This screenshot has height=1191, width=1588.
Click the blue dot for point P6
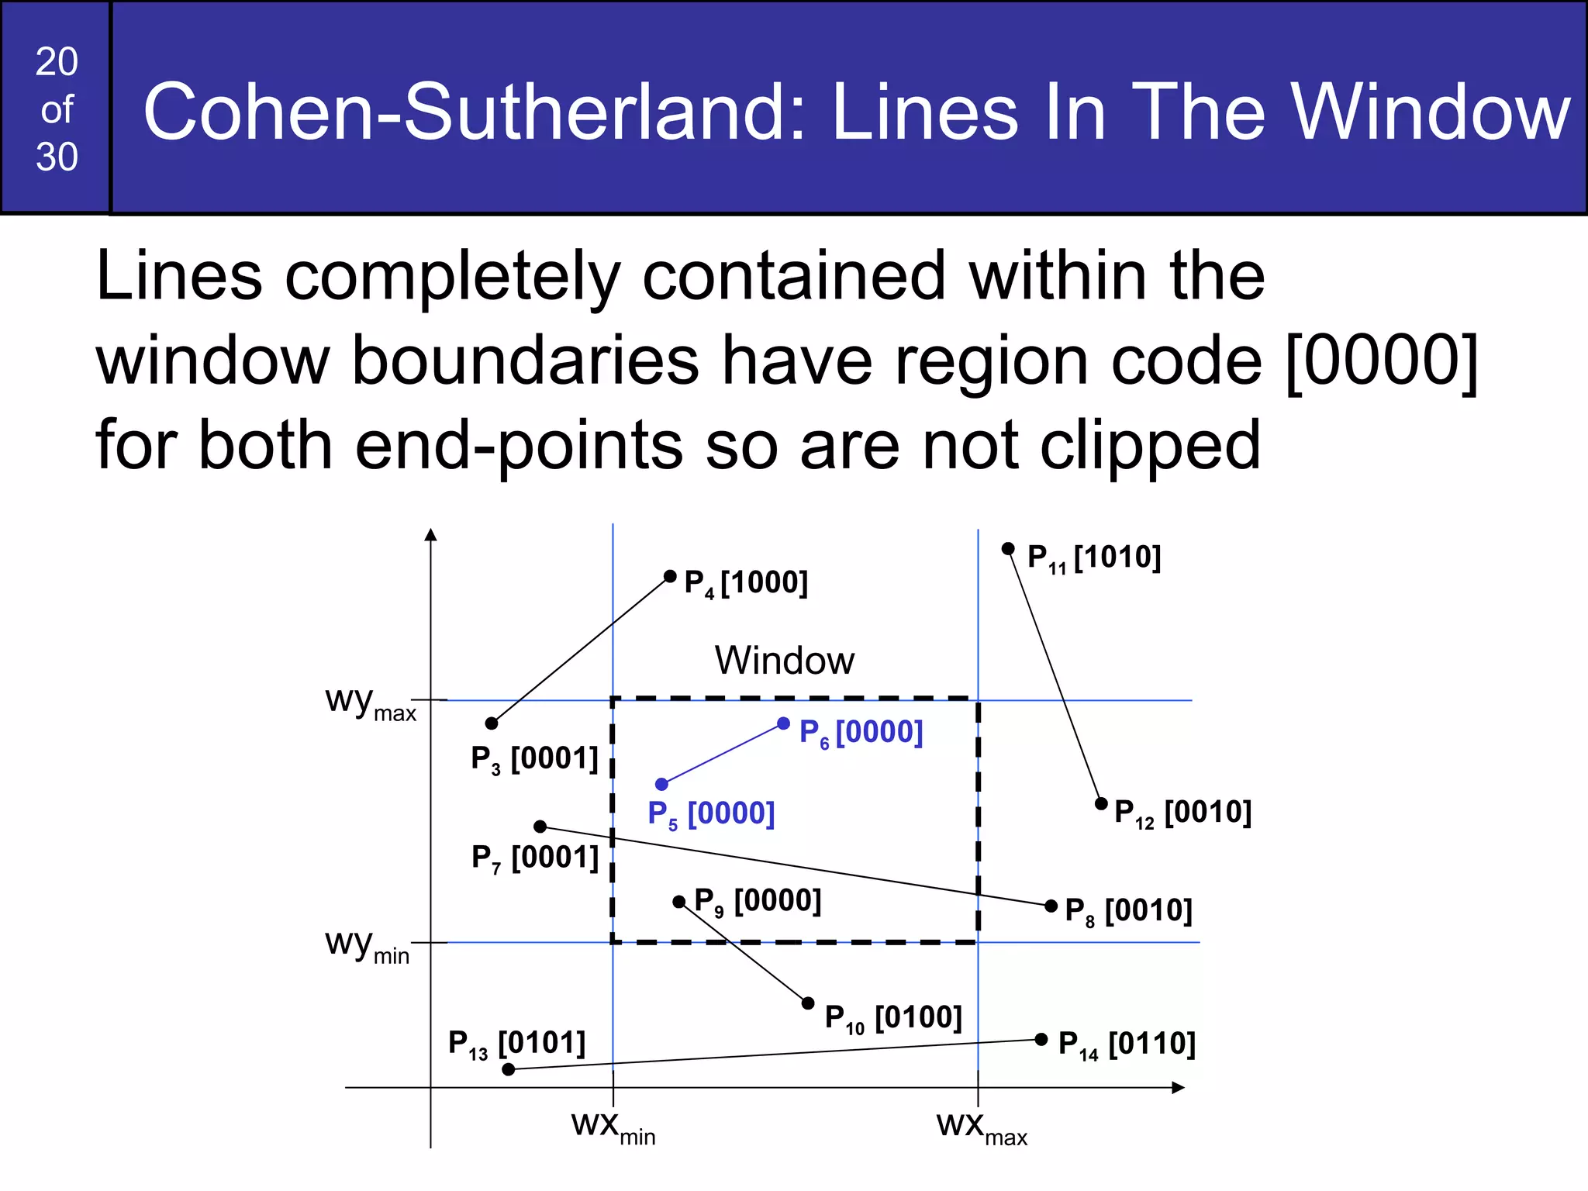click(784, 723)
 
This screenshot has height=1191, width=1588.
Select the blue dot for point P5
click(661, 784)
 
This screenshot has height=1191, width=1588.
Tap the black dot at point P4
click(670, 576)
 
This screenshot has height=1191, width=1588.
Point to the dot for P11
click(1008, 549)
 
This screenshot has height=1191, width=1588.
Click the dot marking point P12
click(1101, 803)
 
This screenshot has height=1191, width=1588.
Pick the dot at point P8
click(1051, 906)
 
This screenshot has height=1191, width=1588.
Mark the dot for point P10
click(808, 1003)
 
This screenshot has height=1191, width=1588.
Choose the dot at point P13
click(509, 1069)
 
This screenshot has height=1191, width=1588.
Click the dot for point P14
click(1041, 1039)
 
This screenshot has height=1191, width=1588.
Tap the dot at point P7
click(540, 827)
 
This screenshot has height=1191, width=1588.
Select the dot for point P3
click(492, 723)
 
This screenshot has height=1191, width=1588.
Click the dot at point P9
click(678, 902)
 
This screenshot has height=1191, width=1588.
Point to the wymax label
click(371, 703)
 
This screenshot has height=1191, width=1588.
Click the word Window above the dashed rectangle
click(784, 661)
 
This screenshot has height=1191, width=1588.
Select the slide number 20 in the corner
click(57, 62)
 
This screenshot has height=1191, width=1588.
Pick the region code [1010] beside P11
click(1117, 558)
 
